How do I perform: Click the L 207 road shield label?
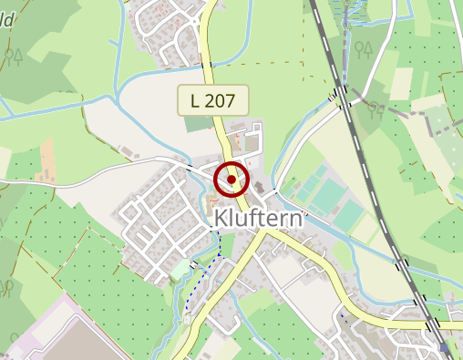213,100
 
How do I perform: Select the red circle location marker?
232,180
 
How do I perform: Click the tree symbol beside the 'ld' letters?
13,57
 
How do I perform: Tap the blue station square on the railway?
444,347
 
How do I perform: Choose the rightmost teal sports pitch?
348,215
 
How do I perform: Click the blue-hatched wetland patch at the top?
352,14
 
